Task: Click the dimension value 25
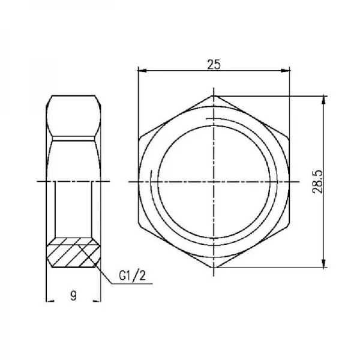[x=213, y=64]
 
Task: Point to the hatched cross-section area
[x=73, y=253]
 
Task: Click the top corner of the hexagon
[x=213, y=95]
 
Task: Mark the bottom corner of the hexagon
[x=213, y=267]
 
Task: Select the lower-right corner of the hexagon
[x=289, y=224]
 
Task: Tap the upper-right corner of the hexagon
[x=289, y=138]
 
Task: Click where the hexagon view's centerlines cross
[x=213, y=181]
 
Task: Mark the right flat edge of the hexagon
[x=289, y=181]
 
